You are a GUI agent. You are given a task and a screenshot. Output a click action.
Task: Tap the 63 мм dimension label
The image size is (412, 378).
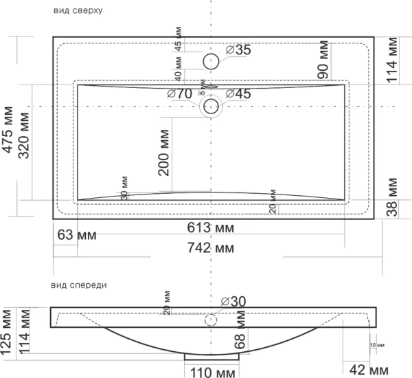[76, 236]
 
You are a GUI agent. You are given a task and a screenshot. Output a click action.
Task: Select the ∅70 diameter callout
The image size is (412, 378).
[179, 93]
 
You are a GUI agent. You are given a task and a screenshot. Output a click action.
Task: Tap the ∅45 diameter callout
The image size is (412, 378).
[238, 93]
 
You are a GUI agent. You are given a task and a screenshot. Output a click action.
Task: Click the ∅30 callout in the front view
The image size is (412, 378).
[233, 300]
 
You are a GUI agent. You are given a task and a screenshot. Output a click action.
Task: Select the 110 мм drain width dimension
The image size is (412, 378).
[210, 372]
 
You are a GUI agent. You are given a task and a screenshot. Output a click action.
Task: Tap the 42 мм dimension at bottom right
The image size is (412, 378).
[367, 370]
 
